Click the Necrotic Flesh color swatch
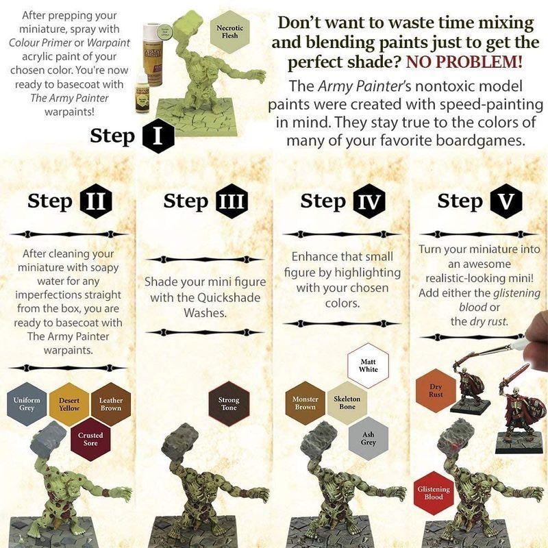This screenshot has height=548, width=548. coord(229,32)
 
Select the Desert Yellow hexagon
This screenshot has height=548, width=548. coord(69,404)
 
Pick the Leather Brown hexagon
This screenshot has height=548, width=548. coord(111,404)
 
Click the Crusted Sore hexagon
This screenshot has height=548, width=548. coord(90,439)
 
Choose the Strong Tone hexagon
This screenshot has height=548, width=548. coord(229,404)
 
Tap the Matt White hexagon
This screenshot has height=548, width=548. coord(368,365)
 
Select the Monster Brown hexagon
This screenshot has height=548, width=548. coord(306,403)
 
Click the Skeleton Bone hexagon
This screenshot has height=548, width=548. coord(347,403)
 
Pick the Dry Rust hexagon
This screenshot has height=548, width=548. coord(436,390)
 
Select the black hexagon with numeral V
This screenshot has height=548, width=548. coord(506,201)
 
